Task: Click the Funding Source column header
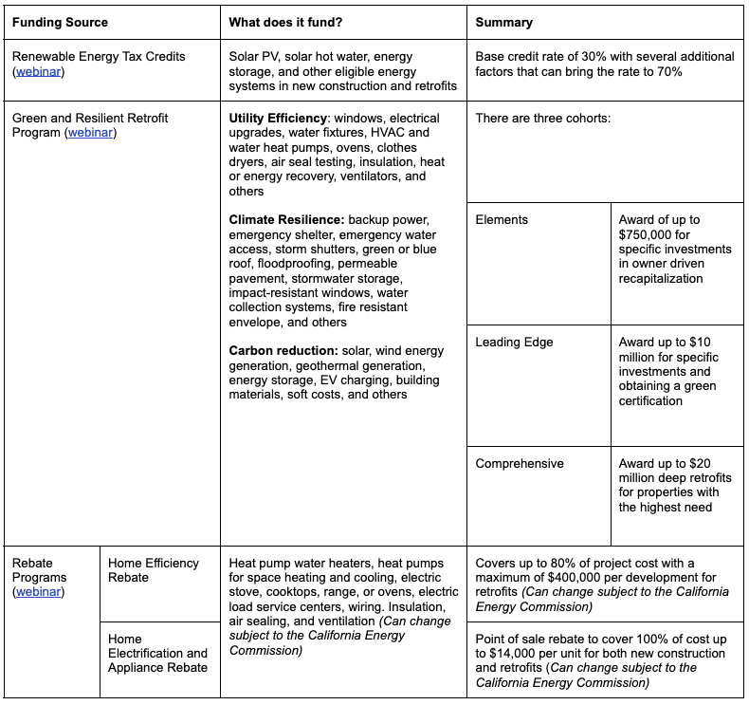pyautogui.click(x=60, y=22)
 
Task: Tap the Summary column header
pyautogui.click(x=503, y=22)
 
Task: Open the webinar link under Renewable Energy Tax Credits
pyautogui.click(x=39, y=72)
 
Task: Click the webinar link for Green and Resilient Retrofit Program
pyautogui.click(x=90, y=133)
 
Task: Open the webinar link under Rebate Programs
pyautogui.click(x=39, y=592)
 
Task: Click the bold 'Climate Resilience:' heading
pyautogui.click(x=287, y=220)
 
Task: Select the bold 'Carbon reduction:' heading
pyautogui.click(x=283, y=351)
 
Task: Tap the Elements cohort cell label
pyautogui.click(x=502, y=220)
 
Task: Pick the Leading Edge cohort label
pyautogui.click(x=514, y=343)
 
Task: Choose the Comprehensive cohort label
pyautogui.click(x=520, y=464)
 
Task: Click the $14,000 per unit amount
pyautogui.click(x=521, y=654)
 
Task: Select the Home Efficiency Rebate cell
pyautogui.click(x=154, y=570)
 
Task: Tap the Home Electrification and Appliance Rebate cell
pyautogui.click(x=157, y=654)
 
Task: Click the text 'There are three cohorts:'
pyautogui.click(x=543, y=119)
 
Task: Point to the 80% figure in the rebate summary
pyautogui.click(x=561, y=564)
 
